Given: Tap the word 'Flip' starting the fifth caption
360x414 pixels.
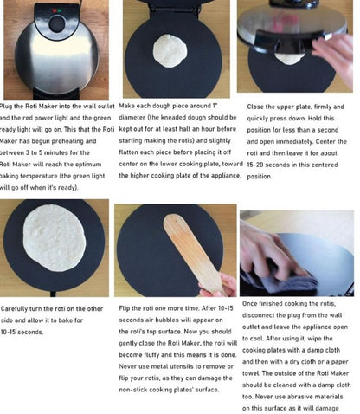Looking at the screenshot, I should tap(126, 308).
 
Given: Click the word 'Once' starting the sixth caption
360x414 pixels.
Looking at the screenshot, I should tap(252, 306).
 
